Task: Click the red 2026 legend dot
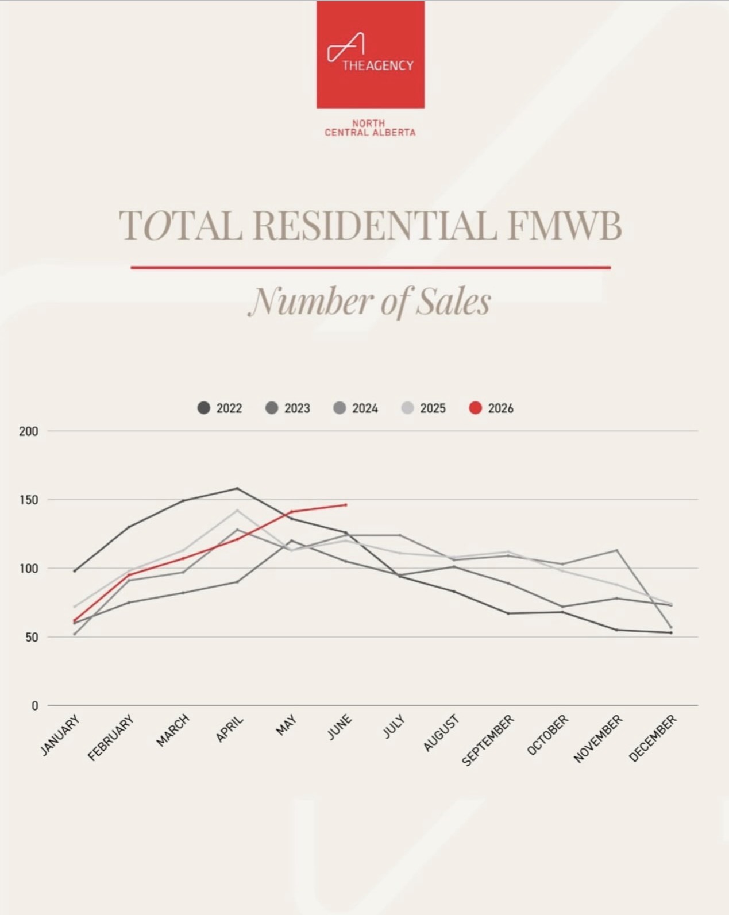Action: pos(475,408)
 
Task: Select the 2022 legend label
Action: pos(229,408)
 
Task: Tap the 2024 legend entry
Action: pos(356,408)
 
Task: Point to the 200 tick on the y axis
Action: pos(29,431)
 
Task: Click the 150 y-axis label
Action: pos(29,500)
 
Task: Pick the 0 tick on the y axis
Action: pos(34,705)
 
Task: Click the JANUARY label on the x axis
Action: pos(60,735)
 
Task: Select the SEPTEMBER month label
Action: pos(488,740)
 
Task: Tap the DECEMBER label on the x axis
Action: pos(653,738)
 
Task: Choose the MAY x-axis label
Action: pos(286,725)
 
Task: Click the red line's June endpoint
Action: pos(346,505)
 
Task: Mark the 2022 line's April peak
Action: pos(237,488)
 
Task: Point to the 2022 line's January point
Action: pos(75,571)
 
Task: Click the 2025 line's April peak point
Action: pos(237,510)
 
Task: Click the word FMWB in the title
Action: pos(565,225)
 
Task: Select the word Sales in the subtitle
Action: pos(453,302)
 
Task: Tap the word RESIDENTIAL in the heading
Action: pos(375,225)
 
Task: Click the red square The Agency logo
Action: pos(371,55)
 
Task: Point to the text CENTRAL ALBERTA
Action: pos(370,132)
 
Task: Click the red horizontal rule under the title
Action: pos(371,268)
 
